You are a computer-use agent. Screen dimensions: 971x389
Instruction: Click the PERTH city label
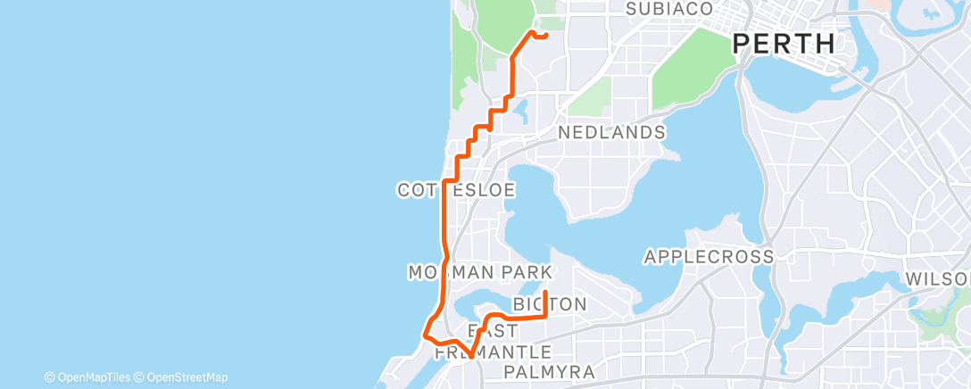(x=783, y=43)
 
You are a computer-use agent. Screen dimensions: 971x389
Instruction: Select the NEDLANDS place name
(x=611, y=132)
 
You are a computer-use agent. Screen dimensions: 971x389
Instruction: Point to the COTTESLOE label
(x=456, y=190)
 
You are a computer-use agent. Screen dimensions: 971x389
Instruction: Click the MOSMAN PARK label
(x=480, y=271)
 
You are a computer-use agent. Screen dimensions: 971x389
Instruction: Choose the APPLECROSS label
(x=709, y=257)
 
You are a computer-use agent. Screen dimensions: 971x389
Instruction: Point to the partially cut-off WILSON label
(x=937, y=279)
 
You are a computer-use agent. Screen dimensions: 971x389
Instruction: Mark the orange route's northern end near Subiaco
(x=545, y=36)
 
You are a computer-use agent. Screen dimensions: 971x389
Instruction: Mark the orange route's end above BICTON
(x=545, y=292)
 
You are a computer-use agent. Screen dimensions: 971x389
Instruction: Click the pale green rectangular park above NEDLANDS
(x=590, y=96)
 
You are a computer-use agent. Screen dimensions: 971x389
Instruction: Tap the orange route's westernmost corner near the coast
(x=423, y=336)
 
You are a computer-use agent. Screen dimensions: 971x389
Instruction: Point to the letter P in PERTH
(x=741, y=43)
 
